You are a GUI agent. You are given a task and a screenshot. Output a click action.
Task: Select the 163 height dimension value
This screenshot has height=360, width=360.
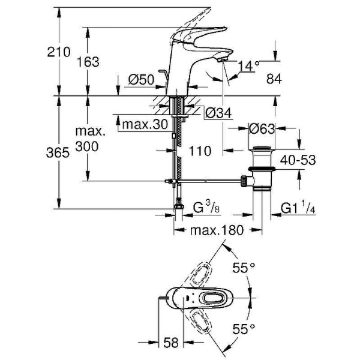[88, 61]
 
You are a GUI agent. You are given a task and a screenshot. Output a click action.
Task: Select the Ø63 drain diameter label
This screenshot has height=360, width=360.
[262, 128]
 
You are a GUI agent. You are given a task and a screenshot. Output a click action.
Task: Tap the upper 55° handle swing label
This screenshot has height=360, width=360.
[244, 269]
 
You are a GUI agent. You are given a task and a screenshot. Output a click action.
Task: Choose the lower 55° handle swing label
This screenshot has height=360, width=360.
[244, 328]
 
